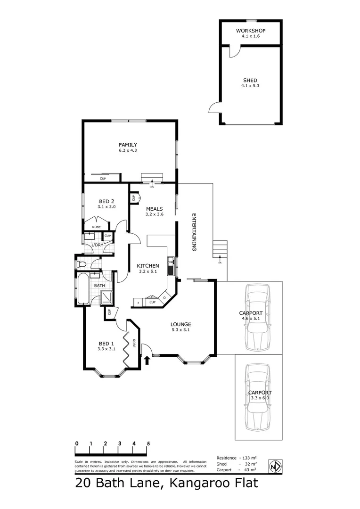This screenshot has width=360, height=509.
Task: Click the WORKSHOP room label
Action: coord(251,31)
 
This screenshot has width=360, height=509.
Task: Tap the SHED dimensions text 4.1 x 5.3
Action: coord(251,86)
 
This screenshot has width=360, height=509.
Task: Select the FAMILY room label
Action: coord(128,145)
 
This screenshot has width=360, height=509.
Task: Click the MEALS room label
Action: coord(155,209)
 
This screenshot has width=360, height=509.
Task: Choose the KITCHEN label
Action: coord(148,266)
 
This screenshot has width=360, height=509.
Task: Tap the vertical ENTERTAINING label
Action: coord(194,232)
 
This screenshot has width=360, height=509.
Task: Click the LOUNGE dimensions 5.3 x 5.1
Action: coord(181,330)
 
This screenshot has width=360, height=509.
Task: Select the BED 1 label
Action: coord(106,343)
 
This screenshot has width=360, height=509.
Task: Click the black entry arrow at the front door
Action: coord(147,361)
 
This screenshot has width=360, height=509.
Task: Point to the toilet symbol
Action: coord(82,264)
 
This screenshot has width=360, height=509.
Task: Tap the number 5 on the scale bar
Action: coord(148,443)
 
